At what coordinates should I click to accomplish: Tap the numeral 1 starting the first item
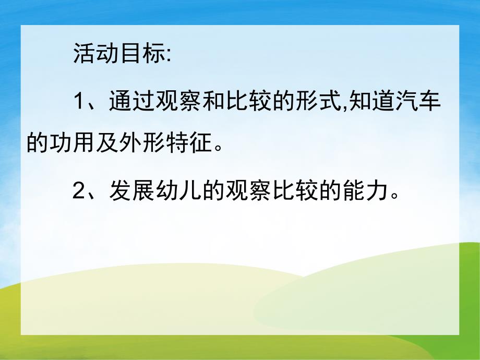pos(79,101)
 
